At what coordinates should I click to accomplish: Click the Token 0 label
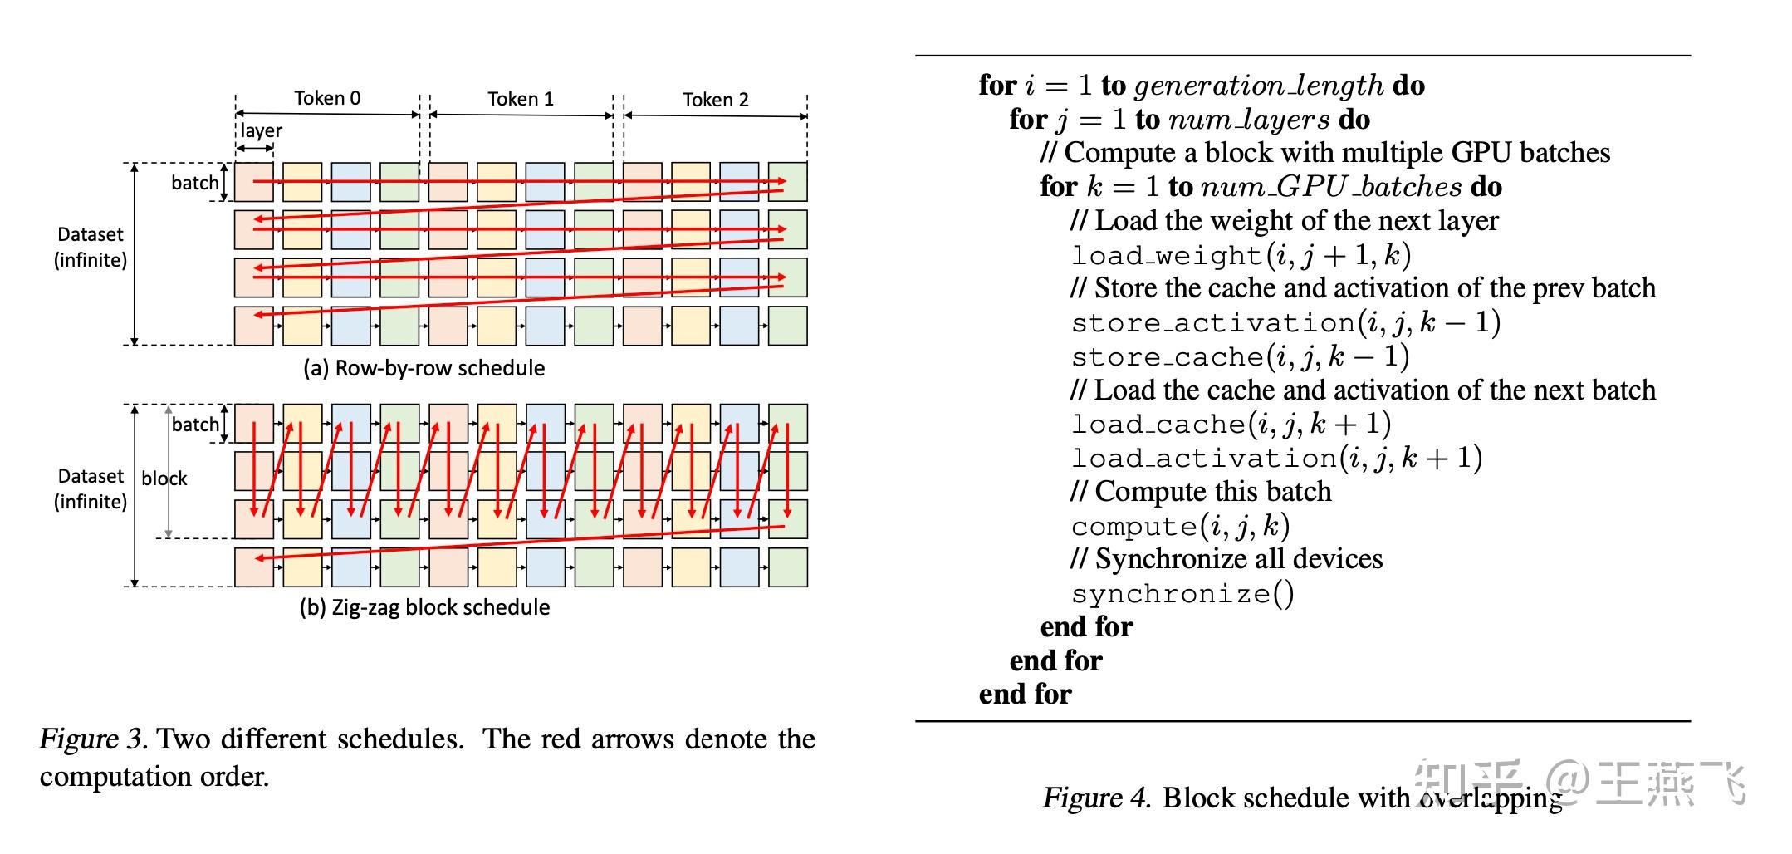327,98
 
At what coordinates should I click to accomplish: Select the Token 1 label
521,99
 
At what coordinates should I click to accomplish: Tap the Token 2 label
716,100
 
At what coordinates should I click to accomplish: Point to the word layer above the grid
261,130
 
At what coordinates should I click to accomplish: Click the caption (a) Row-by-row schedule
424,368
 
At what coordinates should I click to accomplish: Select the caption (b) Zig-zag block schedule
424,607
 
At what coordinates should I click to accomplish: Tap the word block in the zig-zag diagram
164,478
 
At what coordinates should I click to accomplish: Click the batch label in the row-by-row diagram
195,183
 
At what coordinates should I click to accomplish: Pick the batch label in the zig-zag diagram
195,425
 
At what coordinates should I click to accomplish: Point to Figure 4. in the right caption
1097,798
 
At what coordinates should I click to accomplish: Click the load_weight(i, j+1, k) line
1241,254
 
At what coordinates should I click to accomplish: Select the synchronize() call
1182,593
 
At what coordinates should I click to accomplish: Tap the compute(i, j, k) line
1180,526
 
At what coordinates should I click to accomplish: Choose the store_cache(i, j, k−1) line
1241,356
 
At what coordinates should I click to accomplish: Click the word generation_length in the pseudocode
1259,86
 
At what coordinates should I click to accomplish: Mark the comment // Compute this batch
1201,491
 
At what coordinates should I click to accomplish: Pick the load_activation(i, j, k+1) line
1277,458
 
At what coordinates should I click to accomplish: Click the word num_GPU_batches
1331,187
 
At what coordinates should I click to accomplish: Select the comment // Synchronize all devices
1226,558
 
